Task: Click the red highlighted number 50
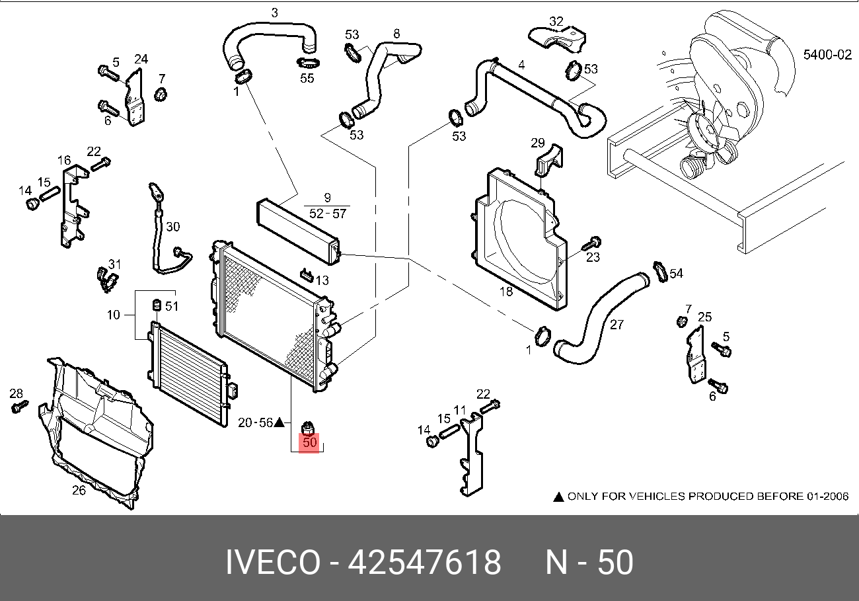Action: click(310, 442)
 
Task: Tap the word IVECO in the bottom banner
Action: click(272, 563)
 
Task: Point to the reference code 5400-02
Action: click(827, 55)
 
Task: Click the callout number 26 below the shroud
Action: click(79, 490)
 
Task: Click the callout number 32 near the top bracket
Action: click(556, 21)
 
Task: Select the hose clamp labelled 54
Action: click(658, 271)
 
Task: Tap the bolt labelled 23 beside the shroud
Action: click(591, 245)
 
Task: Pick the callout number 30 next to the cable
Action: click(172, 227)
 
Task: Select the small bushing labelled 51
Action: click(157, 305)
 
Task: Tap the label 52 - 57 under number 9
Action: click(326, 213)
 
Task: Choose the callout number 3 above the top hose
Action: click(274, 13)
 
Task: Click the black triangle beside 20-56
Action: click(280, 422)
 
